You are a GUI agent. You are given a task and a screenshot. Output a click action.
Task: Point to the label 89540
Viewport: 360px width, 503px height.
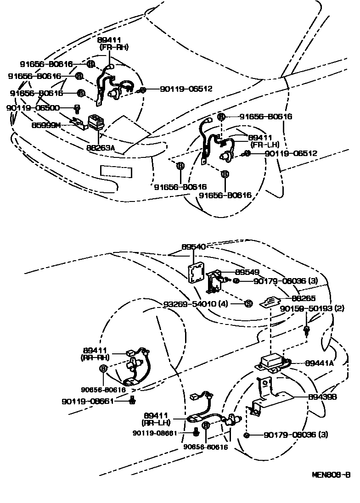pos(193,246)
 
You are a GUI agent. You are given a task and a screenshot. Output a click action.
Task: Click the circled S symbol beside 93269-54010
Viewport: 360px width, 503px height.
pos(248,303)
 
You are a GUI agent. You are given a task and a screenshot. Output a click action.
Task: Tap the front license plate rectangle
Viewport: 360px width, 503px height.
pos(117,171)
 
